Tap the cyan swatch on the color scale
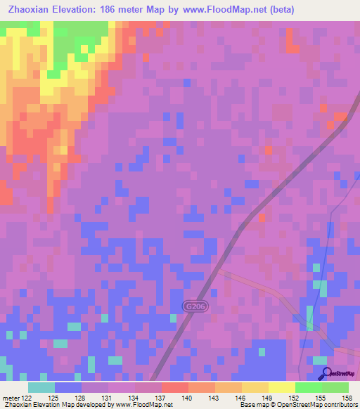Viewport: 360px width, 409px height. point(41,387)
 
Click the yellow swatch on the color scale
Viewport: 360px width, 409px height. point(281,387)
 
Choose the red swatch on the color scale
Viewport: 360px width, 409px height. point(175,387)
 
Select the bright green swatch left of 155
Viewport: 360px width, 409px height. point(308,387)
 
